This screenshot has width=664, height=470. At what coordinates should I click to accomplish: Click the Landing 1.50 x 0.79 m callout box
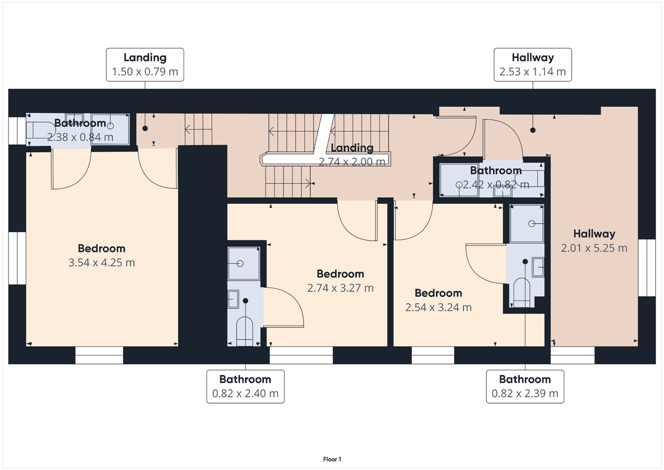click(145, 65)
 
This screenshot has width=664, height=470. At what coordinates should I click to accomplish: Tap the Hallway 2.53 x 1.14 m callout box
click(533, 65)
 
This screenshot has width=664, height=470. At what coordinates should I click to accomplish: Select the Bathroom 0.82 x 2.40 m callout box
click(245, 386)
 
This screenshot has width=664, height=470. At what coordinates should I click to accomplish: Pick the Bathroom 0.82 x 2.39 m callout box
click(525, 386)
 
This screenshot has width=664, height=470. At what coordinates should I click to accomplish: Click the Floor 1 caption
click(332, 459)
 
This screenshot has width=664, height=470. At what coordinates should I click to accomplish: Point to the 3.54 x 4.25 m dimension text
click(102, 262)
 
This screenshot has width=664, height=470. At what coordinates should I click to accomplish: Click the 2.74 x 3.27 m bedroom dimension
click(340, 288)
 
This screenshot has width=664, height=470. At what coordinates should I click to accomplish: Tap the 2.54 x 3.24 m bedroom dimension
click(438, 307)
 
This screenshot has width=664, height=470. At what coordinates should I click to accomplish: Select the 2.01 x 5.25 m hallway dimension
click(594, 248)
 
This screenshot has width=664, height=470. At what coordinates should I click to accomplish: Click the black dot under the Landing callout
click(145, 128)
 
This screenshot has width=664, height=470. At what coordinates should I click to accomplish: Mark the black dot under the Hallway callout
click(533, 130)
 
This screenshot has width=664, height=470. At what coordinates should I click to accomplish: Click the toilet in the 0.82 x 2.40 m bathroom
click(244, 331)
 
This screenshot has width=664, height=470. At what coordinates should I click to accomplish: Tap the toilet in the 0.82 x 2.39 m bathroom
click(522, 292)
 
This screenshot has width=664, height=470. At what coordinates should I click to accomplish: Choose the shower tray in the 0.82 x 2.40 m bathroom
click(244, 263)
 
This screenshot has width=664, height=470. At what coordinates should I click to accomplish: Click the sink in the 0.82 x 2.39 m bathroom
click(538, 267)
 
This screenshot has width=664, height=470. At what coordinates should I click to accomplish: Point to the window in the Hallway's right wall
click(647, 268)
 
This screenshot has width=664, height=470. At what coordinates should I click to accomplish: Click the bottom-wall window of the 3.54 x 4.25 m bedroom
click(99, 355)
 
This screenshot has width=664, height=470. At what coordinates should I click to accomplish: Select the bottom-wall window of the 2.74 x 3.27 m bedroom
click(301, 355)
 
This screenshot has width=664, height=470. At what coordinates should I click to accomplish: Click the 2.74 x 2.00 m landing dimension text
click(352, 162)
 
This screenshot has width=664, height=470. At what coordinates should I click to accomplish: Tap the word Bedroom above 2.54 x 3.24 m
click(438, 293)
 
